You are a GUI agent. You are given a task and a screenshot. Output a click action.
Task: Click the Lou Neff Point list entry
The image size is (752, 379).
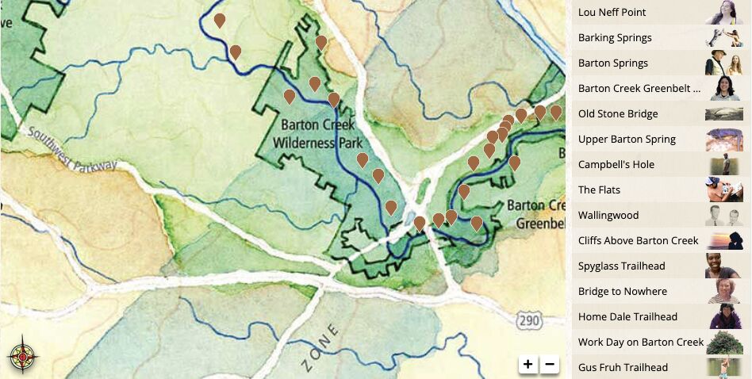[x=612, y=13]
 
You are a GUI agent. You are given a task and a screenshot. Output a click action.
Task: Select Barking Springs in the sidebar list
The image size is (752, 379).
[x=615, y=38]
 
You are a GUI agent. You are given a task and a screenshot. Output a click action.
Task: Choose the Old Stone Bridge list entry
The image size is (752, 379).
[x=618, y=114]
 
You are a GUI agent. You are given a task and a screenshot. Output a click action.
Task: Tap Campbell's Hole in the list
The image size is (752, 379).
[x=616, y=165]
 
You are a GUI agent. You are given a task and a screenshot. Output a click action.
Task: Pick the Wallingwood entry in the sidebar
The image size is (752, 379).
[x=608, y=216]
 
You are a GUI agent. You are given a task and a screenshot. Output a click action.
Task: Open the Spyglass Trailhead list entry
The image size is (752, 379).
[x=621, y=266]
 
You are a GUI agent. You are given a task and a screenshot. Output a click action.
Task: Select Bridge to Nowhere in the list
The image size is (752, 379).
[x=623, y=292]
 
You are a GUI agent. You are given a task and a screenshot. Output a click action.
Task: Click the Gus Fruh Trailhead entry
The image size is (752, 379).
[x=623, y=368]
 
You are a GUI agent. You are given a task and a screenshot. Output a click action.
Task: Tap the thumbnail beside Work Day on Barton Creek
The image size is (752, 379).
[x=723, y=343]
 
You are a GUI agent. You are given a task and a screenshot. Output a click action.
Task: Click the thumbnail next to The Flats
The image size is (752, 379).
[x=723, y=190]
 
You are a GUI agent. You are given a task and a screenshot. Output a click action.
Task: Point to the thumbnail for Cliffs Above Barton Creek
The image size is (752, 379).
[x=723, y=241]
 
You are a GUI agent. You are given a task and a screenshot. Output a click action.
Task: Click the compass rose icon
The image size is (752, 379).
[x=22, y=357]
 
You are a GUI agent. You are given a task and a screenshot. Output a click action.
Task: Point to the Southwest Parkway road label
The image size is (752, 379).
[x=71, y=150]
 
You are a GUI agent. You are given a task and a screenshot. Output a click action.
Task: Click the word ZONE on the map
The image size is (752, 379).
[x=322, y=347]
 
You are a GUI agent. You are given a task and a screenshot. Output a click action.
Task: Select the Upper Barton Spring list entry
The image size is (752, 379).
[x=627, y=140]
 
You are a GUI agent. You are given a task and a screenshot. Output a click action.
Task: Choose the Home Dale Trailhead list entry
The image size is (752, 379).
[x=627, y=317]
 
